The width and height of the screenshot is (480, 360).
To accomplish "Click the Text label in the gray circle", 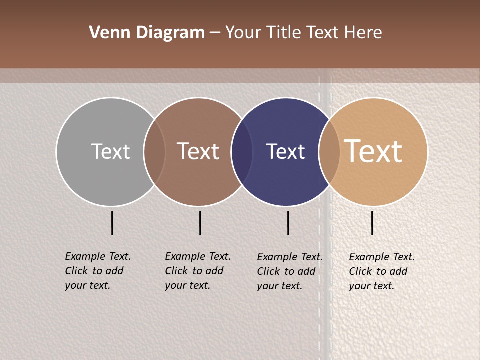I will [110, 151].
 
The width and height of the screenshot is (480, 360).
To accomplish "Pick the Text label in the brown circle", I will [198, 151].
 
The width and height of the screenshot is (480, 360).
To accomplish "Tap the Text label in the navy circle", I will [285, 151].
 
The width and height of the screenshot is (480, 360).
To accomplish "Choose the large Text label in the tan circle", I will [373, 151].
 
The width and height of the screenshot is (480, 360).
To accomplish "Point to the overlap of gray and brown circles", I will [154, 151].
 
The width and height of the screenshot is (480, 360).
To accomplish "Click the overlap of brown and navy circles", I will [242, 151].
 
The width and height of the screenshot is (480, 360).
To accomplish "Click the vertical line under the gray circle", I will [112, 223].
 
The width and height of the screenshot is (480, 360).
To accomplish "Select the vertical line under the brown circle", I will [200, 223].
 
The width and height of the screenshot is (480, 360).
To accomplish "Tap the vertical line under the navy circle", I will [288, 223].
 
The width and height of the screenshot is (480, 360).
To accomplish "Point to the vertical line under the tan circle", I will [372, 223].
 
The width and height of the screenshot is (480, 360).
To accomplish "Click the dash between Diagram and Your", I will [215, 33].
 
